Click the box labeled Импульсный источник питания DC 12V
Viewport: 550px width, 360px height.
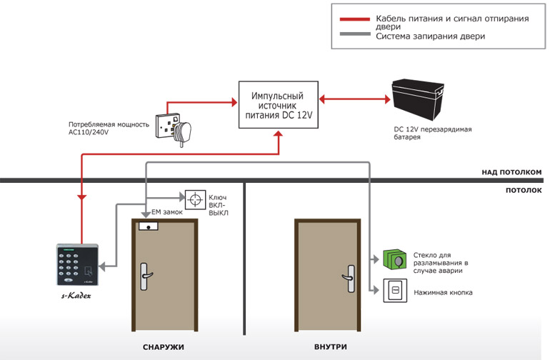tap(278, 105)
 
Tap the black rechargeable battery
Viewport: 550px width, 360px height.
tap(417, 100)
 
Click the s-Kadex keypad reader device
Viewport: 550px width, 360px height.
tap(78, 264)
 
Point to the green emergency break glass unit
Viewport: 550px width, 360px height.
tap(394, 260)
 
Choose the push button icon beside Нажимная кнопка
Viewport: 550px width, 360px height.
tap(395, 290)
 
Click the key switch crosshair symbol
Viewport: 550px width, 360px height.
tap(195, 200)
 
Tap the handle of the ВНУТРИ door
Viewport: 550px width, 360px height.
tap(349, 279)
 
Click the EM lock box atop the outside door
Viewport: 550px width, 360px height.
tap(149, 226)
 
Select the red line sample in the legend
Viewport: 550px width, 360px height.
tap(354, 19)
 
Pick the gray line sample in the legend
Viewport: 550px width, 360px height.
tap(354, 34)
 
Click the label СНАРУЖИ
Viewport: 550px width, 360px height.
tap(163, 347)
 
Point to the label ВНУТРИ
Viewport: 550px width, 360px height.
tap(331, 346)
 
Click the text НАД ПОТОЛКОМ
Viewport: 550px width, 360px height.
tap(511, 172)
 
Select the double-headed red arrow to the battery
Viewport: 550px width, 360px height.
tap(354, 99)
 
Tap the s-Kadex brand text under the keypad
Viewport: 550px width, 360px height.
tap(76, 296)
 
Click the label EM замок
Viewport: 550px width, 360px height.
tap(167, 212)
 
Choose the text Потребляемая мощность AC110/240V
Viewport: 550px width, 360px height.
tap(109, 128)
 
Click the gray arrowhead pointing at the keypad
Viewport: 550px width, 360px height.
tap(101, 266)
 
